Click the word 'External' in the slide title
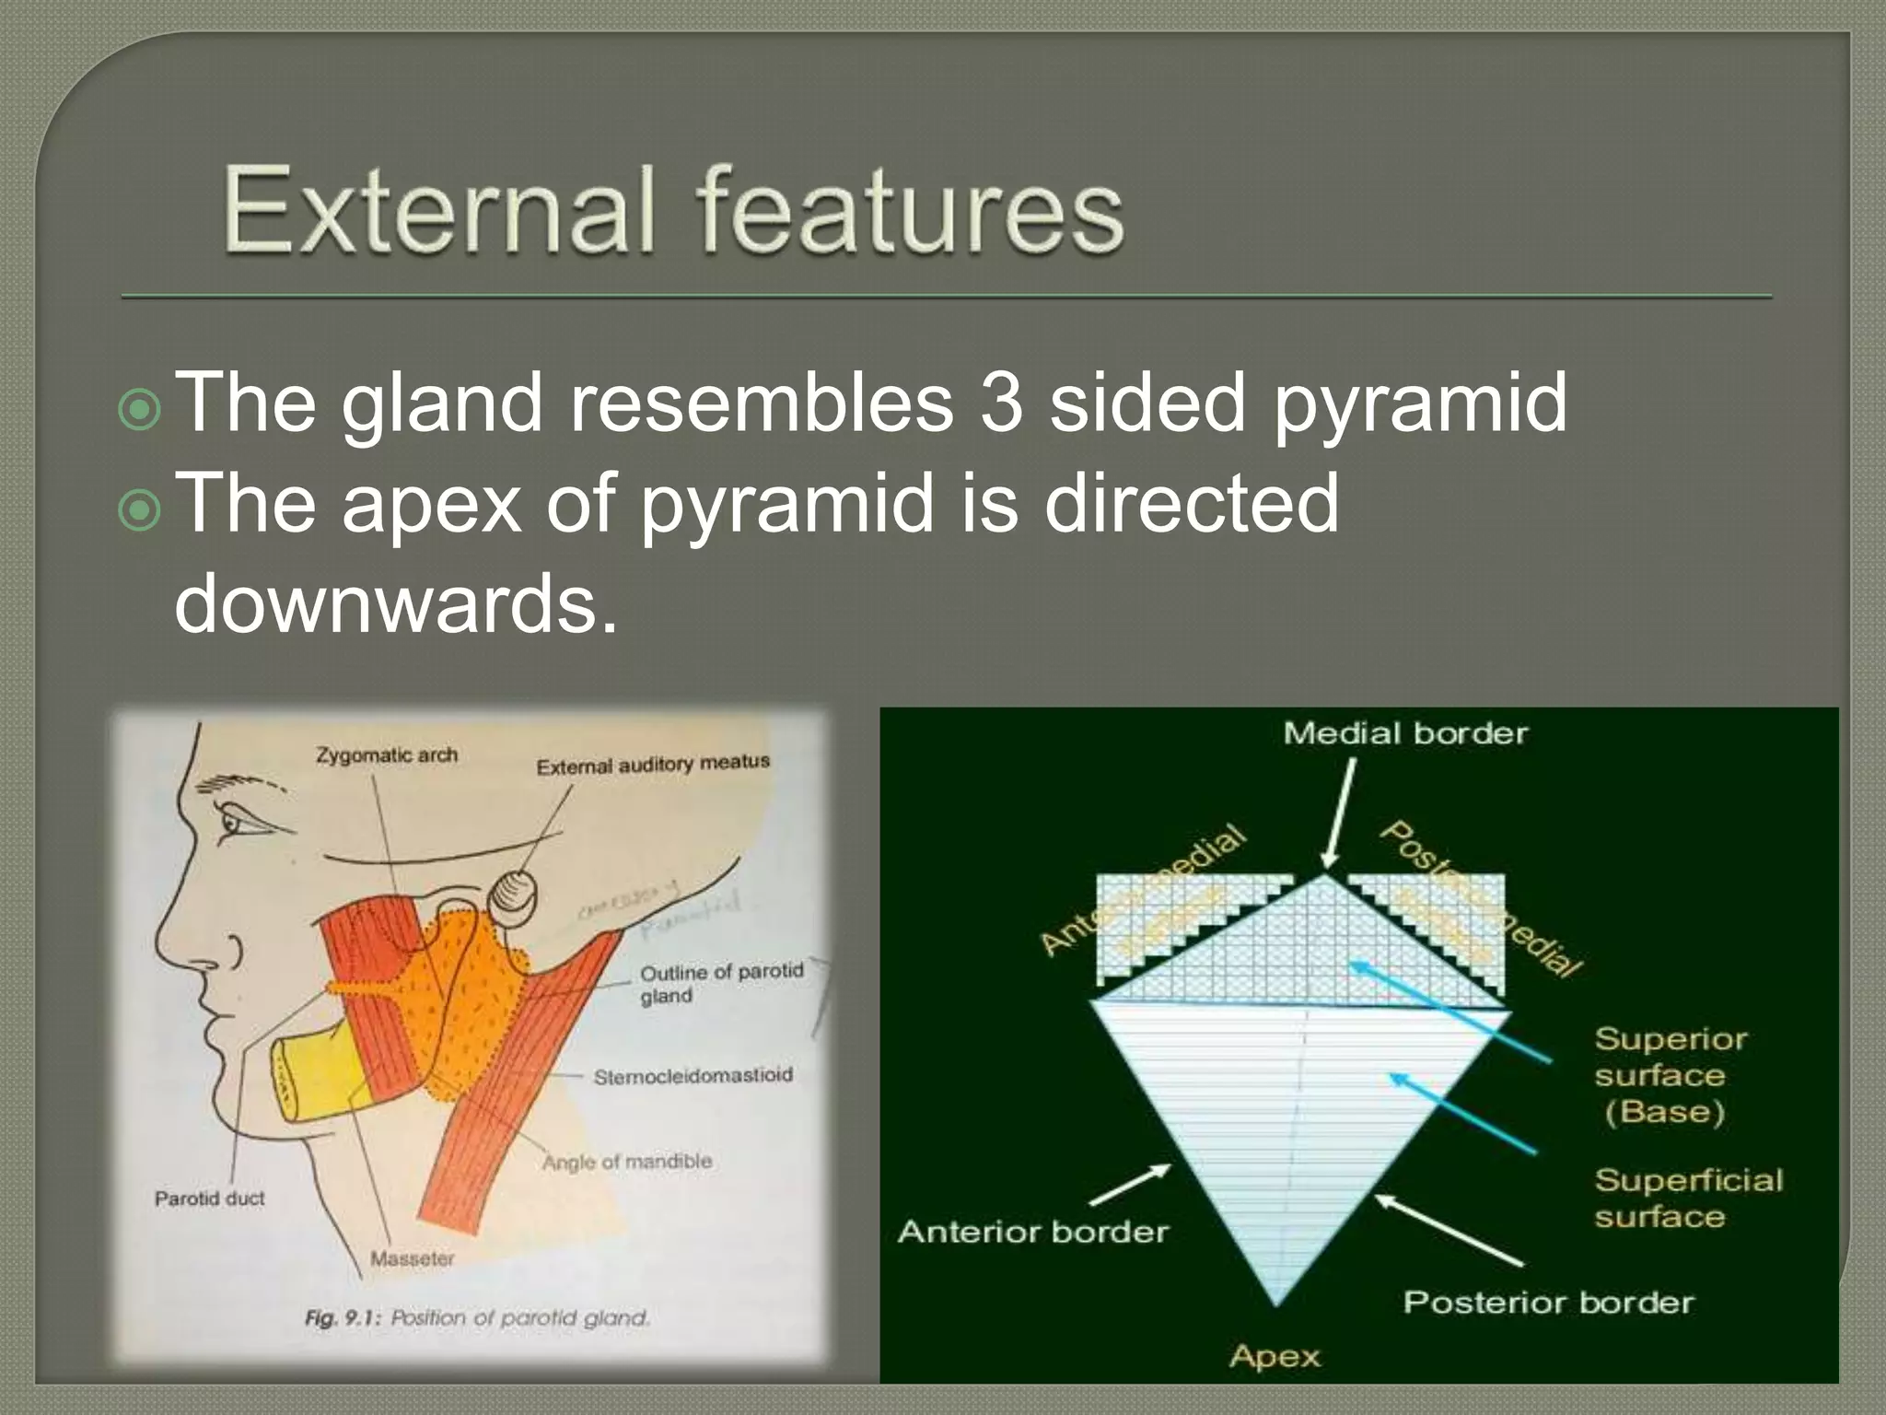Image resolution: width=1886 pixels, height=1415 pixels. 438,210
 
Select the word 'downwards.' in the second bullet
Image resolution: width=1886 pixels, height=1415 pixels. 396,603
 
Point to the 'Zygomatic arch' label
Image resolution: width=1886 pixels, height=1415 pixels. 387,755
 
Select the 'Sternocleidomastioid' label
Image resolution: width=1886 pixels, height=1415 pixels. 693,1076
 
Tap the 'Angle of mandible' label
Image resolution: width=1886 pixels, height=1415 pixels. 627,1162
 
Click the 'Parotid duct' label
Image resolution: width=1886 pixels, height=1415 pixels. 209,1199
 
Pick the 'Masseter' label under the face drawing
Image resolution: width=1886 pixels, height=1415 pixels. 412,1258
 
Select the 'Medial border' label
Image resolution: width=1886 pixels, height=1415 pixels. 1405,734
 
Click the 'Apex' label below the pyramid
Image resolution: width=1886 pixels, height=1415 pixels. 1275,1356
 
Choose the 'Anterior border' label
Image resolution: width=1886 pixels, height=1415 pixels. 1032,1233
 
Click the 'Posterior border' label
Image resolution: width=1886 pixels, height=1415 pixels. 1548,1303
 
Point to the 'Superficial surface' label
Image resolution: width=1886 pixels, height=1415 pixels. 1687,1198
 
